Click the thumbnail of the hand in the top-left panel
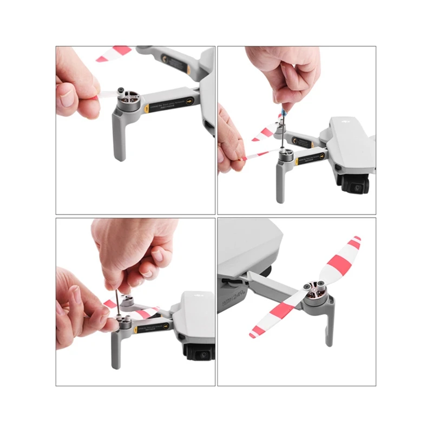tap(68, 98)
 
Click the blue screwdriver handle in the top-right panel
tap(283, 113)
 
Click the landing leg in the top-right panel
tap(280, 184)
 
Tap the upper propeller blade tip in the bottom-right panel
tap(355, 240)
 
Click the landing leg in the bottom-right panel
tap(329, 330)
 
